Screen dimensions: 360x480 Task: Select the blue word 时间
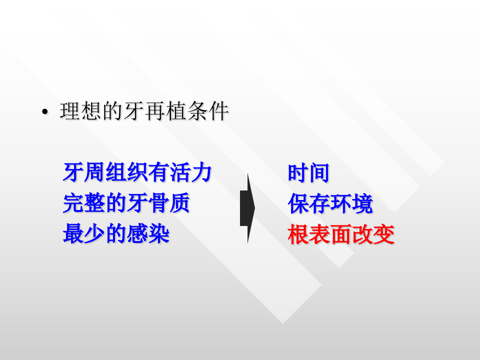(x=308, y=173)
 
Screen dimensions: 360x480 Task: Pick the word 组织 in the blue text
(x=127, y=173)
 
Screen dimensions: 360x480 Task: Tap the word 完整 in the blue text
(x=84, y=203)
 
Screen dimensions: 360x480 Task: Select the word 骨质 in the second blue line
(x=169, y=203)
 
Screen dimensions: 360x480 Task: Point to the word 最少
(x=84, y=234)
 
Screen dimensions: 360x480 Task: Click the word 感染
(x=148, y=234)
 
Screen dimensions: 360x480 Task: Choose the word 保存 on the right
(x=308, y=204)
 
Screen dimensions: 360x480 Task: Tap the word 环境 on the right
(x=351, y=204)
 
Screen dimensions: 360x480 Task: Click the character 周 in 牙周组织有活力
(x=95, y=173)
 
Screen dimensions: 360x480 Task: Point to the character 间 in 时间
(x=319, y=173)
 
